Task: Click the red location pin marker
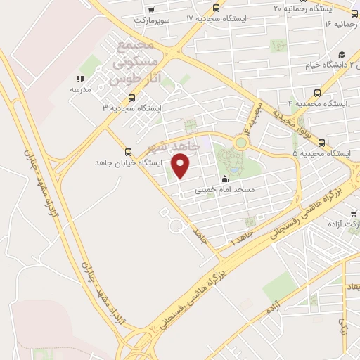point(181,166)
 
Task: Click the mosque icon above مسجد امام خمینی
point(225,179)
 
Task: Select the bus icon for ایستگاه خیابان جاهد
point(127,152)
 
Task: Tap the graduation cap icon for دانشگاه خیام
point(342,55)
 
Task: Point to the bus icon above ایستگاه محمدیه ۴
point(318,92)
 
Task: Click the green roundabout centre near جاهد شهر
point(241,143)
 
